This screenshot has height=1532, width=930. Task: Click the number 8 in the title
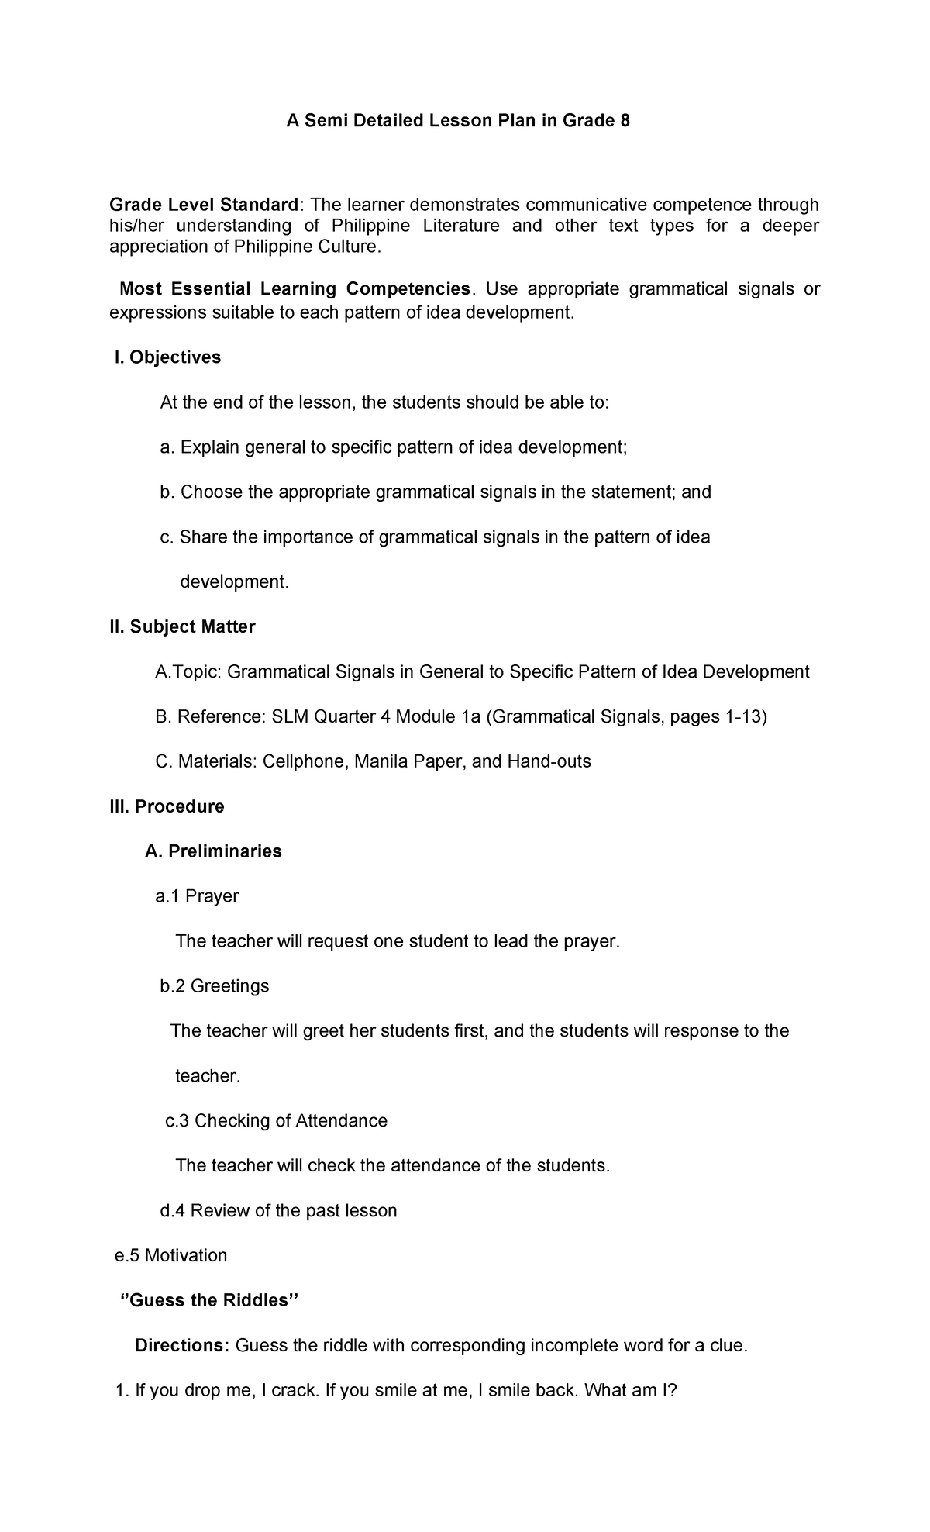(x=625, y=121)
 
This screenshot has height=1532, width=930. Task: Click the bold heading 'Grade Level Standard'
(x=204, y=205)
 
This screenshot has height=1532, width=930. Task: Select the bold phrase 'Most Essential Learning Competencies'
(x=294, y=289)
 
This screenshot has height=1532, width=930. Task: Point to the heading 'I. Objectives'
(x=167, y=357)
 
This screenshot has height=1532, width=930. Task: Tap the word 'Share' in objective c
(x=203, y=537)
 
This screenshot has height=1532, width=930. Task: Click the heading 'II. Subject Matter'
(x=182, y=626)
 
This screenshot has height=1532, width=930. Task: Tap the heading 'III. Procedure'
(x=167, y=806)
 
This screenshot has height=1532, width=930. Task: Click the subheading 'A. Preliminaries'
(x=213, y=851)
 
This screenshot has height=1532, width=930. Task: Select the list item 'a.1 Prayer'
(x=197, y=896)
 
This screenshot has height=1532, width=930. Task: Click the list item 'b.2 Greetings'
(x=214, y=986)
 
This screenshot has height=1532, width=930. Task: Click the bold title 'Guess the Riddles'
(x=209, y=1300)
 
